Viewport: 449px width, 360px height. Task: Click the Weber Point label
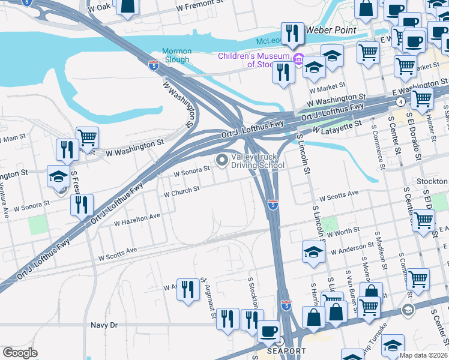coord(331,29)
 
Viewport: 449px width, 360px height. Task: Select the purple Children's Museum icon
coord(299,58)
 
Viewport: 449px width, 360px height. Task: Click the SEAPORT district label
coord(287,350)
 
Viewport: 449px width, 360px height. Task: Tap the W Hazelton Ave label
coord(137,219)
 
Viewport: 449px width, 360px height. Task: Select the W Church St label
coord(181,191)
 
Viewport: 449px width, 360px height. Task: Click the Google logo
coord(20,353)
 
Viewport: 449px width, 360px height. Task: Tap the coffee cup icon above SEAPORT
coord(268,331)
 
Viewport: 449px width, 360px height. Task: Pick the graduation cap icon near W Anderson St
coord(313,251)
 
